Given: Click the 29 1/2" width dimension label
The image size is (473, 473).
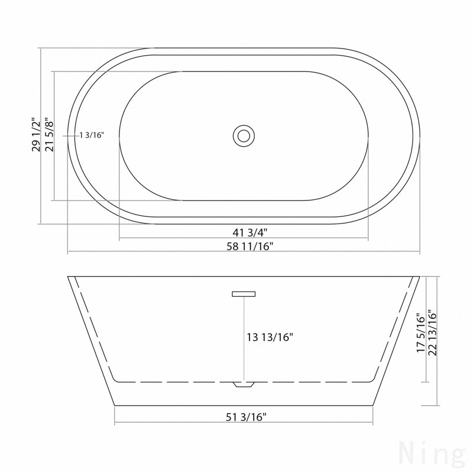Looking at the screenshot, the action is pos(35,135).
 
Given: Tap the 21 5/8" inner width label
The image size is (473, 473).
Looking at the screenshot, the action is pos(49,135).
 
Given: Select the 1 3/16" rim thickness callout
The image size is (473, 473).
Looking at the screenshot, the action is pos(92,135).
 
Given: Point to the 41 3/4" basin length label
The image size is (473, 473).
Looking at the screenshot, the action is pos(250,232).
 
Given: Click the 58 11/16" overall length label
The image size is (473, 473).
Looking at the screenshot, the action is pos(250,247).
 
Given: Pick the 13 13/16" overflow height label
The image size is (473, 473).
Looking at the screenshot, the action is pos(270,337).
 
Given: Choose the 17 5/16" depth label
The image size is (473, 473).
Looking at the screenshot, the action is pos(420,333).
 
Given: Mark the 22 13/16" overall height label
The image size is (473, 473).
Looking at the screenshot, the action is pos(432,333).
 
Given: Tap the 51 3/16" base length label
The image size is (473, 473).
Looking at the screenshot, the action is pos(246,417).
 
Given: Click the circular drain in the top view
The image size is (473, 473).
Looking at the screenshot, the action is pos(244,136).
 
